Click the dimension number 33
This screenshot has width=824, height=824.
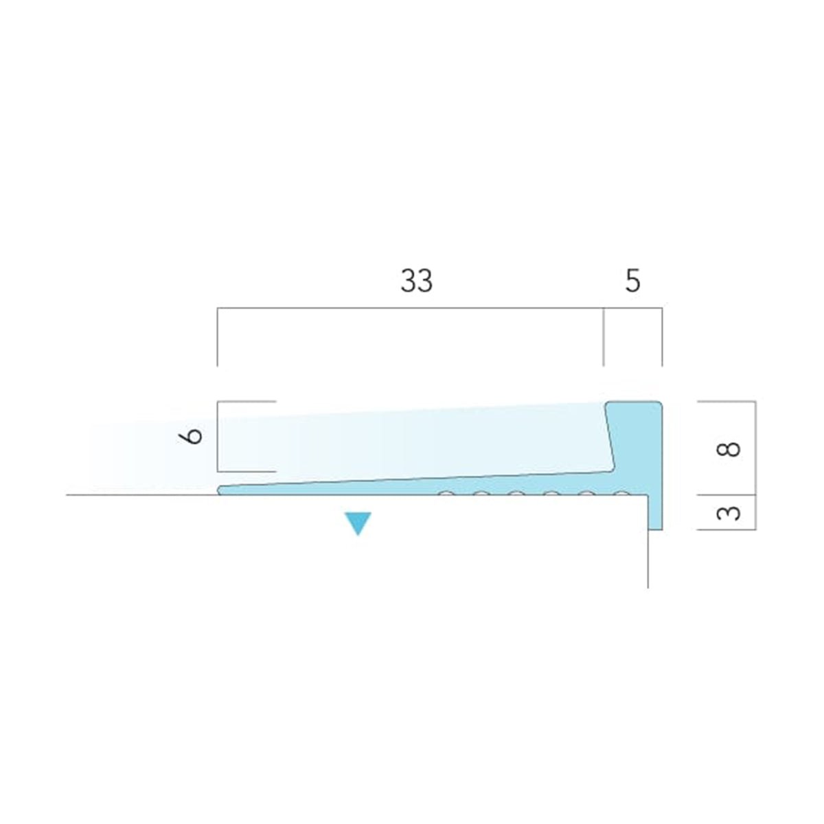[416, 281]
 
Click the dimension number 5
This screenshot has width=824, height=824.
[633, 281]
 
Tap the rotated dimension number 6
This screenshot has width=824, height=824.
[191, 437]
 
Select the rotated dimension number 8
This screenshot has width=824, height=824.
[728, 449]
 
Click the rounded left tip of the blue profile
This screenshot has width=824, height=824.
[220, 490]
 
